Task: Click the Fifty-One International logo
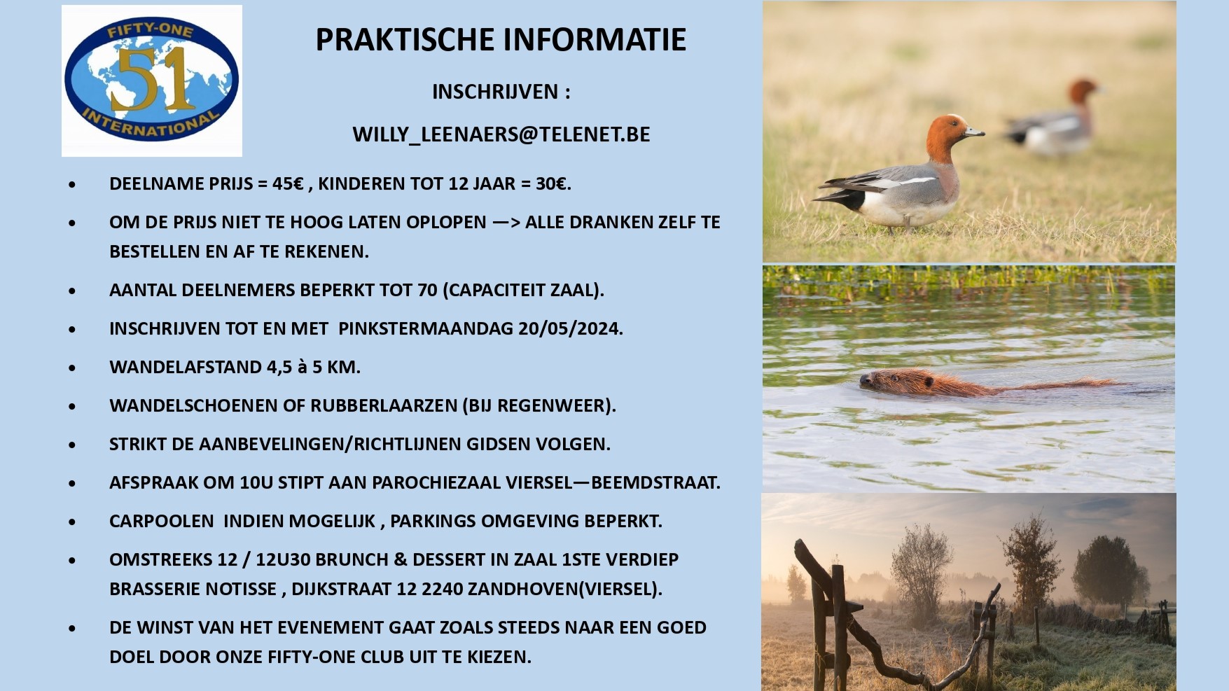(152, 81)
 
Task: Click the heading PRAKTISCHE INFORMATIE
(501, 40)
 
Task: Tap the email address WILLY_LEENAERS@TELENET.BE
(501, 134)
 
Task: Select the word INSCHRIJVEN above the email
(494, 92)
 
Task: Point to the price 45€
(288, 183)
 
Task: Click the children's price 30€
(553, 183)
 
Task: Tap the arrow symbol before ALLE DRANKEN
(506, 223)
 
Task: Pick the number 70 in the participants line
(427, 290)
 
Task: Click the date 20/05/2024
(570, 328)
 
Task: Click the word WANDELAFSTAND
(186, 367)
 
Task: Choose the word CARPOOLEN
(162, 521)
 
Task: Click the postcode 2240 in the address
(441, 589)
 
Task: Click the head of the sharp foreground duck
(951, 134)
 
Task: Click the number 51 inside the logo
(152, 79)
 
